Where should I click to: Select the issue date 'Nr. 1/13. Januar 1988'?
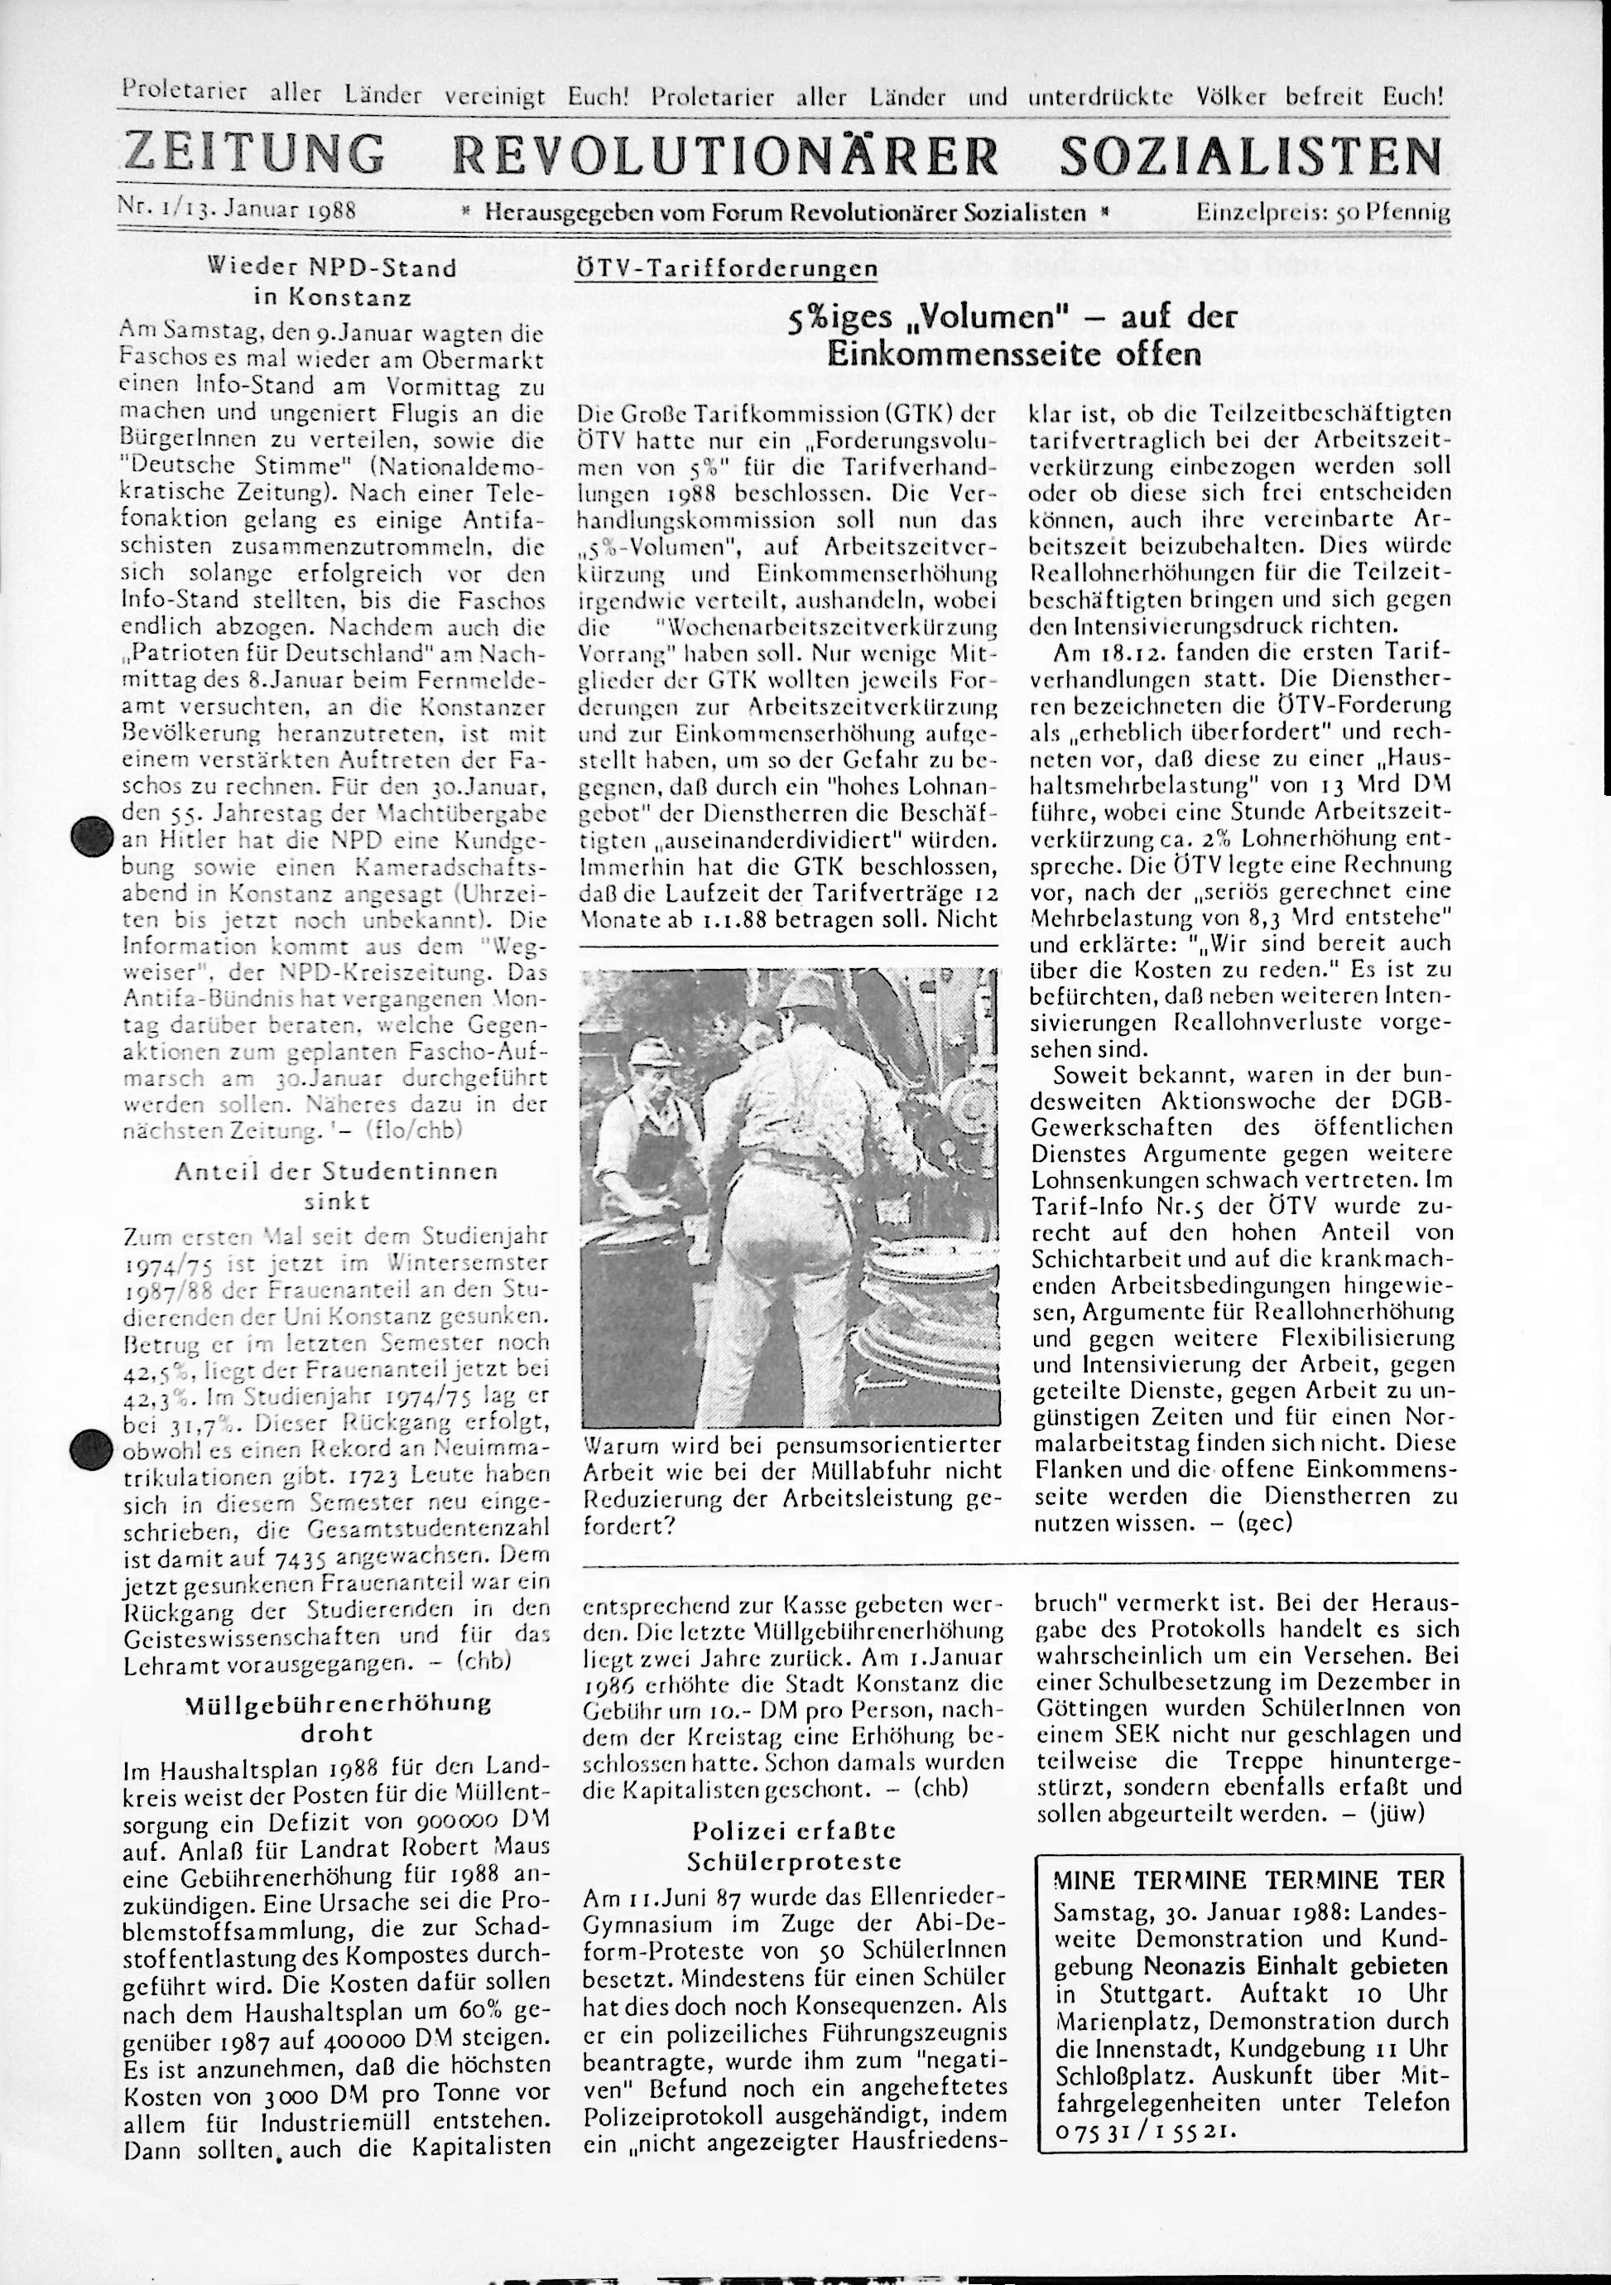point(237,211)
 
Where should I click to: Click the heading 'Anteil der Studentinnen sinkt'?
point(336,1185)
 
